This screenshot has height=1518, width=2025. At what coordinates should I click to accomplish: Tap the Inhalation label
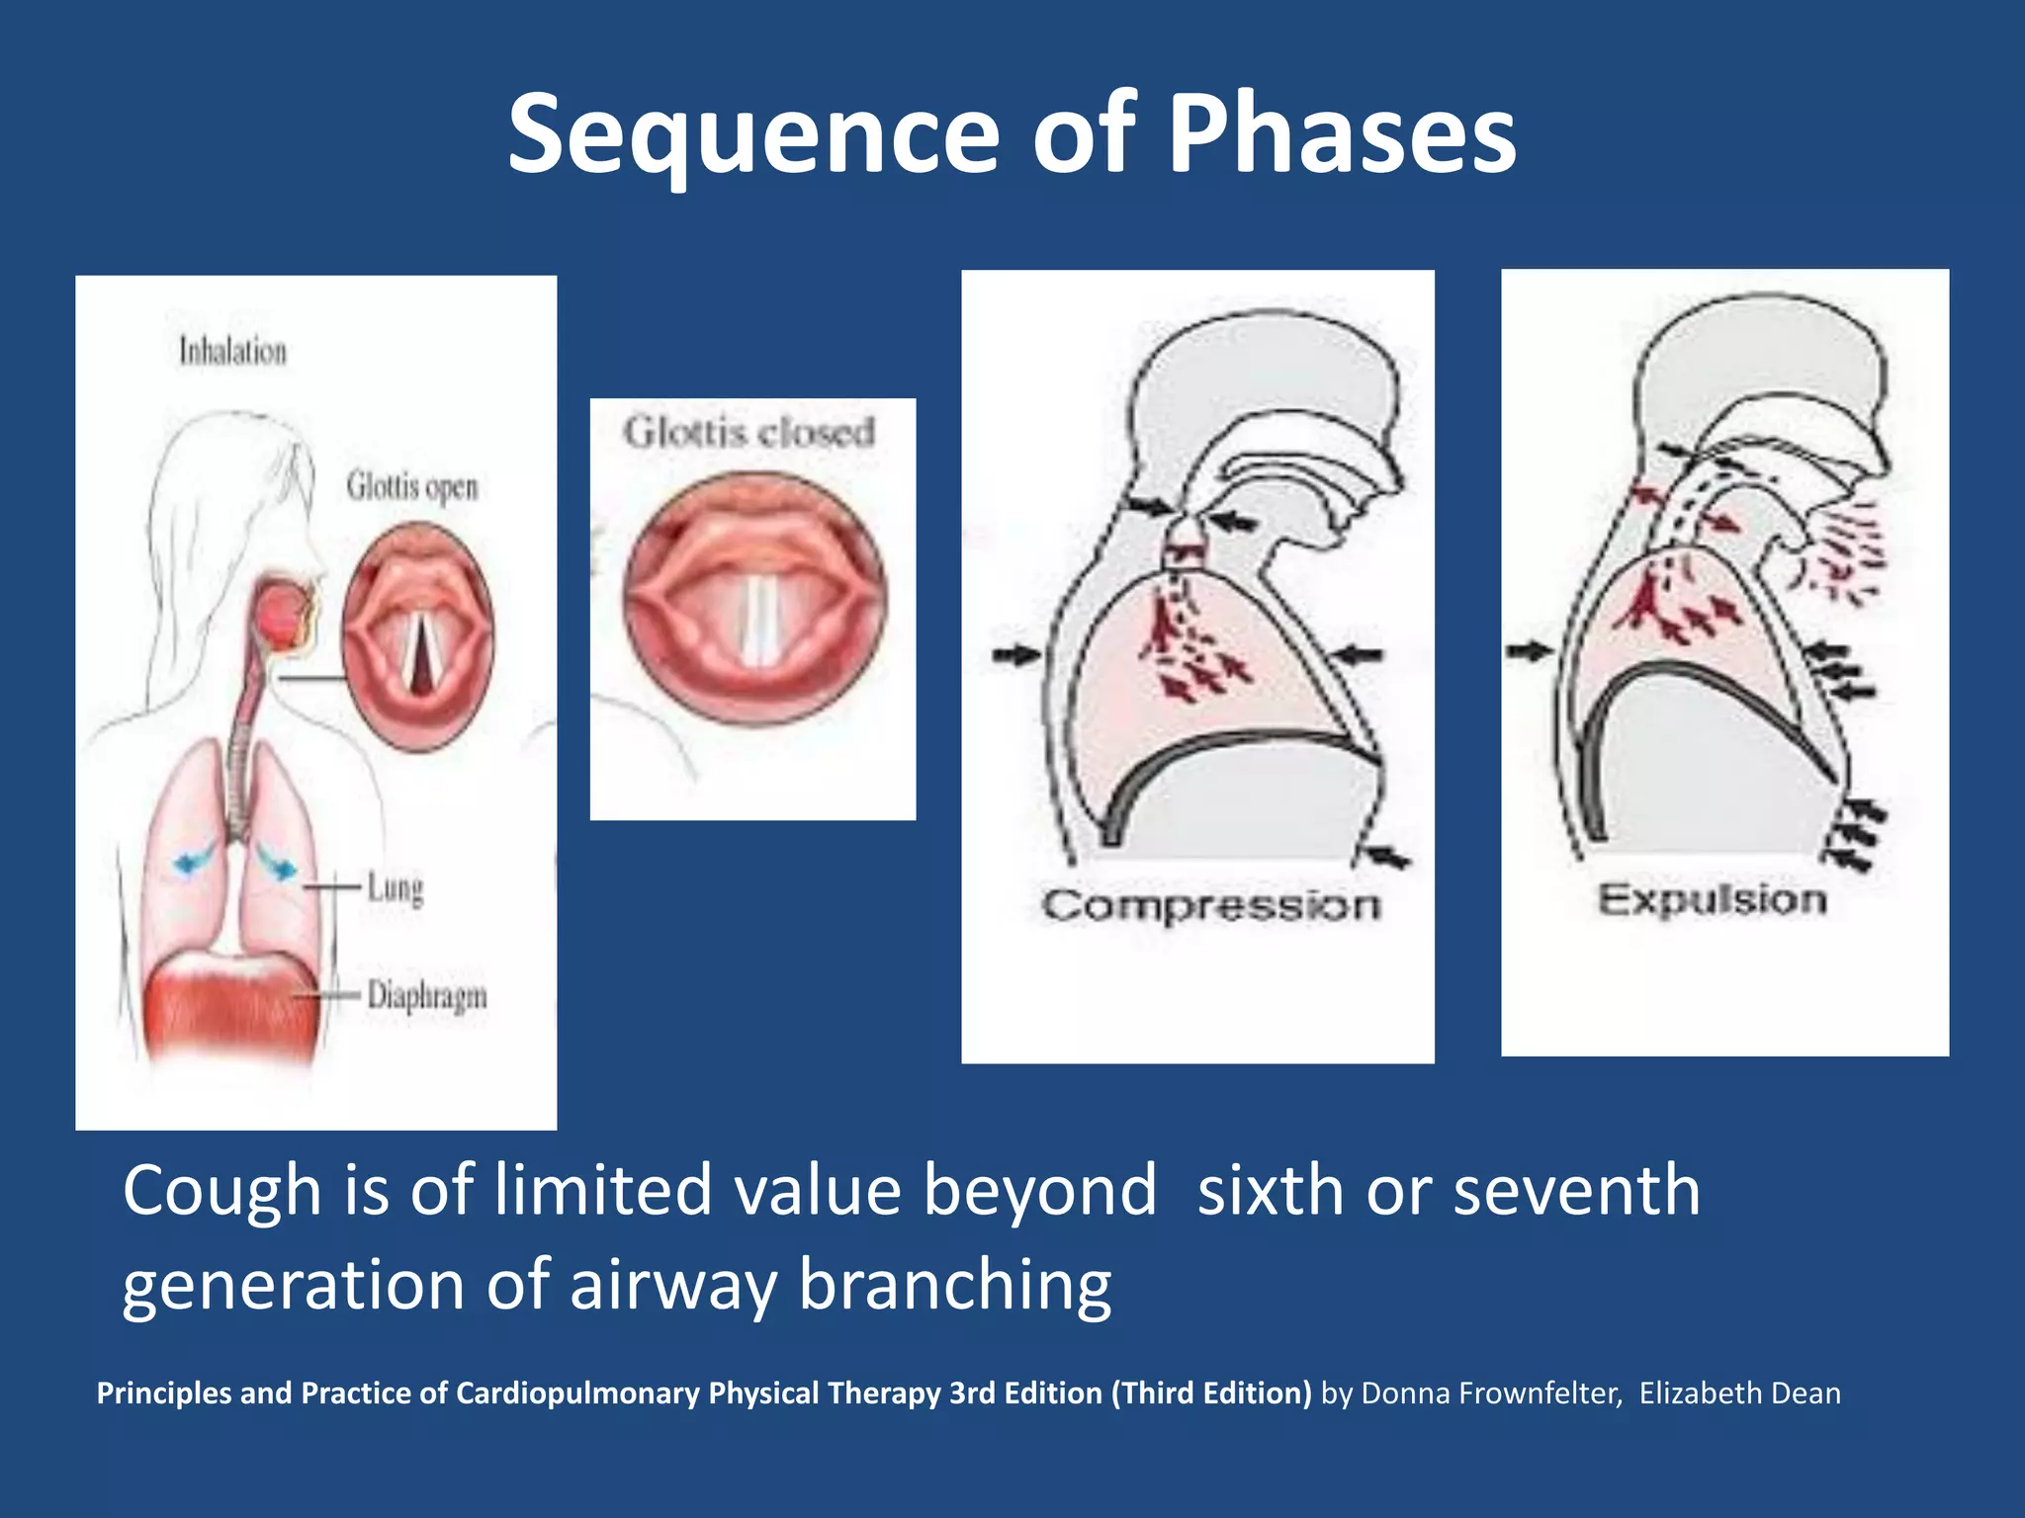click(x=232, y=351)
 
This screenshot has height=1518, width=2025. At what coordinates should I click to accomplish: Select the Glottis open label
click(x=411, y=486)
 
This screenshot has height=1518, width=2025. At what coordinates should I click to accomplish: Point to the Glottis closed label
click(x=749, y=432)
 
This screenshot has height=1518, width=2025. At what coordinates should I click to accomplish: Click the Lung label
click(x=395, y=886)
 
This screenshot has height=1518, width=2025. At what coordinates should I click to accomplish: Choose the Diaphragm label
click(x=426, y=995)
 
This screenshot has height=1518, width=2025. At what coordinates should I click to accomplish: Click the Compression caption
click(x=1210, y=905)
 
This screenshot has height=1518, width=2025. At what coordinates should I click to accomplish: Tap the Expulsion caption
click(x=1713, y=899)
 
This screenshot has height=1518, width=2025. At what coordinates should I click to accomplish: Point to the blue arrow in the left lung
click(x=194, y=860)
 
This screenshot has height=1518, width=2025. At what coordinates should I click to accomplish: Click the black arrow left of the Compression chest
click(x=1014, y=653)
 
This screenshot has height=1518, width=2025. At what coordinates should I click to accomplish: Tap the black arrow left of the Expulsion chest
click(x=1528, y=650)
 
